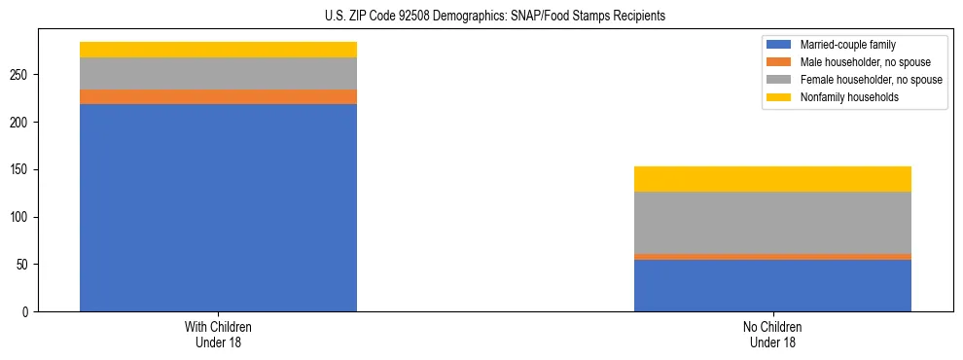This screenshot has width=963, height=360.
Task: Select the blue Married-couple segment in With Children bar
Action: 218,207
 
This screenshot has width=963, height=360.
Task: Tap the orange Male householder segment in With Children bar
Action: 218,96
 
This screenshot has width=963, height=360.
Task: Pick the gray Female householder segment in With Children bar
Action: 218,74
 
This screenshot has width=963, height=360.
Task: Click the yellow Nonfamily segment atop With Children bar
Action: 218,50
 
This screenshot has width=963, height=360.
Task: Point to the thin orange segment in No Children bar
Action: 772,257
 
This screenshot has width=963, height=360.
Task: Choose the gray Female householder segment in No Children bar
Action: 772,223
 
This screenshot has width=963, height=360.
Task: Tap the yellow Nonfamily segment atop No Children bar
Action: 772,179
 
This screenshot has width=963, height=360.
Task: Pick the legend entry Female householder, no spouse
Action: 870,80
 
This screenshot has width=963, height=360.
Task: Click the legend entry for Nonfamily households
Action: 847,97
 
